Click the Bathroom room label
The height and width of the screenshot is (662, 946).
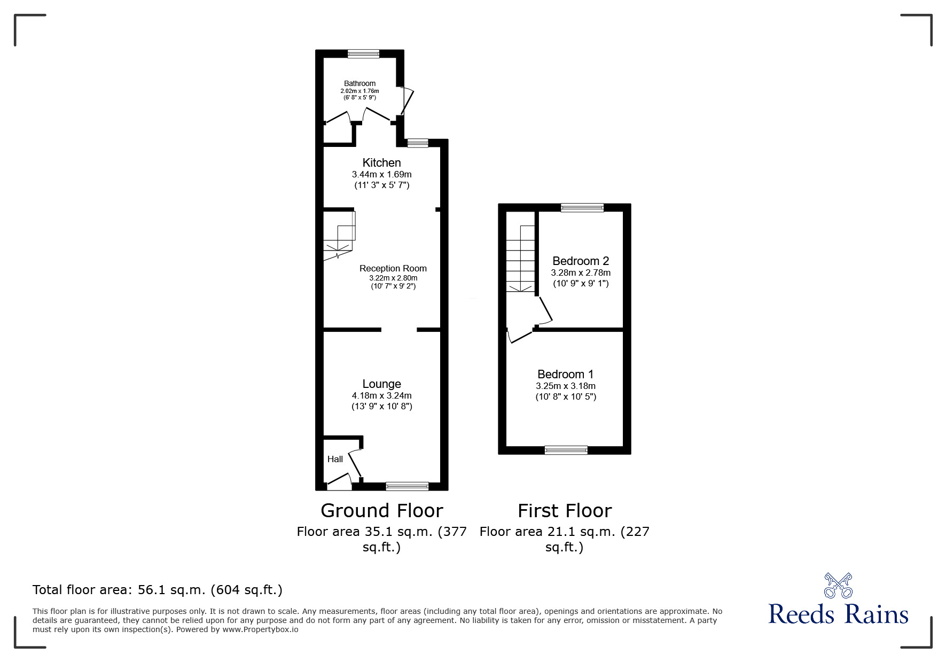tap(359, 83)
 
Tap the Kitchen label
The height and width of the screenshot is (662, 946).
tap(381, 162)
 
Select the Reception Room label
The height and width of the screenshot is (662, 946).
tap(393, 268)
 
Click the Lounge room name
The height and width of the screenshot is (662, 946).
tap(381, 384)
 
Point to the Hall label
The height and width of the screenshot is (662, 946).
tap(335, 459)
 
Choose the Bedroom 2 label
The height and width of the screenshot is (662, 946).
tap(581, 261)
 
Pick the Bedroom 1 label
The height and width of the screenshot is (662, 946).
tap(566, 374)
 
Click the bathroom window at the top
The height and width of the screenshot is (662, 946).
tap(363, 53)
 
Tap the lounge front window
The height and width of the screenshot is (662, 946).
tap(407, 486)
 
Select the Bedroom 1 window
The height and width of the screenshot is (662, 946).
tap(566, 450)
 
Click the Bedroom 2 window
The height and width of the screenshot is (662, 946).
tap(582, 207)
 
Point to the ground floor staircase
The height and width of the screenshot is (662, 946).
tap(339, 236)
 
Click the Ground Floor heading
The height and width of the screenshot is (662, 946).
tap(382, 511)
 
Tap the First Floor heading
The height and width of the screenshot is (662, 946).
tap(565, 511)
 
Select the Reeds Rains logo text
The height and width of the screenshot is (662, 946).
tap(838, 614)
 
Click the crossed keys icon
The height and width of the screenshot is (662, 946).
tap(838, 585)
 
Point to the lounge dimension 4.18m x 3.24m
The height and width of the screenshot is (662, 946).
tap(381, 396)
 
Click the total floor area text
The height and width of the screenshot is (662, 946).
tap(158, 590)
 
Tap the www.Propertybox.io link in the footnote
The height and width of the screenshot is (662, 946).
tap(261, 629)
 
